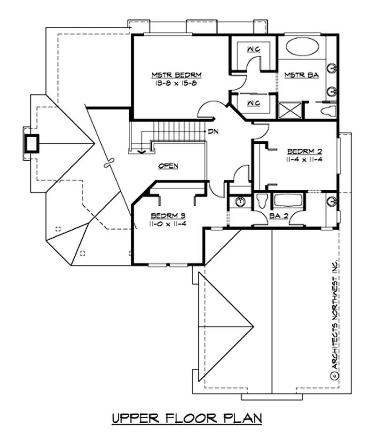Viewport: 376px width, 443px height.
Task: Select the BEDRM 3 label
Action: point(168,216)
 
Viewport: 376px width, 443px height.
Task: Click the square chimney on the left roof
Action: point(32,143)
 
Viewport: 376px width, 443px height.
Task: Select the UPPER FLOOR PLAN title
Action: point(187,418)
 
